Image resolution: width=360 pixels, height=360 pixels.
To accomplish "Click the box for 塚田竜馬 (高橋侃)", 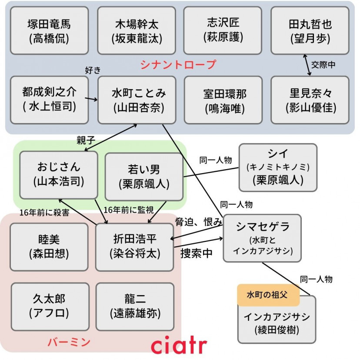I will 49,30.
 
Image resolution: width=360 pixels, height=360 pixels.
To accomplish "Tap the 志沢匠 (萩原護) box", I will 223,30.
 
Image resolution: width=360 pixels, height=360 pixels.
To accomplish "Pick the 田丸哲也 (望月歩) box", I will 310,30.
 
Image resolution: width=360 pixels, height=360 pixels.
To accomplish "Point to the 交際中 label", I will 323,65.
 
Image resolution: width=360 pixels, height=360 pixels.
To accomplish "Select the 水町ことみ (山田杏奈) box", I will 137,100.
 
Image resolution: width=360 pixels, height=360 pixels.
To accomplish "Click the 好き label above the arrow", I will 94,70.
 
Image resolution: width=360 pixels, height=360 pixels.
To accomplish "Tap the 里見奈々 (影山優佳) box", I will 310,100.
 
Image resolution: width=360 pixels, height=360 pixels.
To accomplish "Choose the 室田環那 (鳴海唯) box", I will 223,100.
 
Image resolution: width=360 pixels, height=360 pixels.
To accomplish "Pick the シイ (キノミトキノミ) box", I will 278,167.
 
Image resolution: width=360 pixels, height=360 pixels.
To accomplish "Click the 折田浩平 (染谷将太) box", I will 134,247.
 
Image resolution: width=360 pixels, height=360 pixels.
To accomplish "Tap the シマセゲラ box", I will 262,238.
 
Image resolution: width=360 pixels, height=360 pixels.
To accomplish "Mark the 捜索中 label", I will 197,253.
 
